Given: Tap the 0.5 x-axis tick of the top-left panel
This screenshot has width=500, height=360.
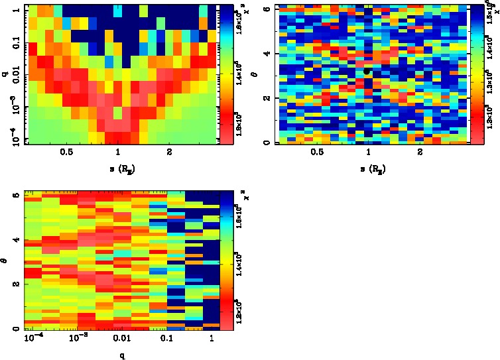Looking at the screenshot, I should pos(66,152).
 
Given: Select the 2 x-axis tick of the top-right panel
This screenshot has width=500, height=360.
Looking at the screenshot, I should pos(420,152).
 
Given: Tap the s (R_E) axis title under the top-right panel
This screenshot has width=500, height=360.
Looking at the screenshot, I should pos(368,169).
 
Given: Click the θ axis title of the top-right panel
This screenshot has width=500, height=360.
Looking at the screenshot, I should pos(255,74).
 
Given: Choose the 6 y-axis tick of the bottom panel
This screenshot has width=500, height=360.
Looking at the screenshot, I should pos(15,194).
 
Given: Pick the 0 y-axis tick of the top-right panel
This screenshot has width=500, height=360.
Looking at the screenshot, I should pos(265,143).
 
